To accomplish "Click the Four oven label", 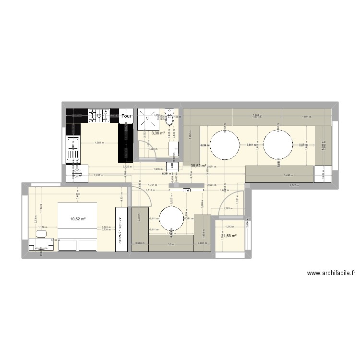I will pyautogui.click(x=127, y=116).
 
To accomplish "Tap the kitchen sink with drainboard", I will pyautogui.click(x=73, y=149).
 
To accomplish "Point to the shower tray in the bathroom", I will pyautogui.click(x=145, y=118).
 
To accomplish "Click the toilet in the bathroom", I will pyautogui.click(x=170, y=113).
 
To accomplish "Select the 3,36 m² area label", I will pyautogui.click(x=158, y=133).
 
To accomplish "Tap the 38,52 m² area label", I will pyautogui.click(x=198, y=166).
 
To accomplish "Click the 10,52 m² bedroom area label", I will pyautogui.click(x=78, y=219).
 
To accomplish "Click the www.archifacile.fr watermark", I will pyautogui.click(x=331, y=273).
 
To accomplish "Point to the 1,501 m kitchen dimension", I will pyautogui.click(x=99, y=143).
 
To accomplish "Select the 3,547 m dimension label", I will pyautogui.click(x=294, y=185).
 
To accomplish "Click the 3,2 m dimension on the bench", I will pyautogui.click(x=171, y=244).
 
